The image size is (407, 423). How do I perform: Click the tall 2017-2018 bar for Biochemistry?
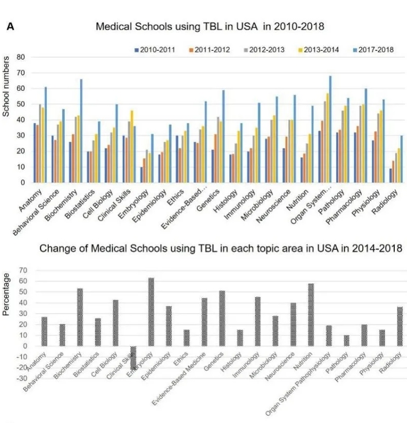(x=81, y=131)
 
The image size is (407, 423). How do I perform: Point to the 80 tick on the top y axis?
(x=21, y=57)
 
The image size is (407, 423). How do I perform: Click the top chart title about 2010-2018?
(x=210, y=26)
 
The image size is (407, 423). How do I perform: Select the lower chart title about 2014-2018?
(x=222, y=249)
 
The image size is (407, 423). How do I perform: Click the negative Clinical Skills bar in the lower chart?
(x=134, y=358)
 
